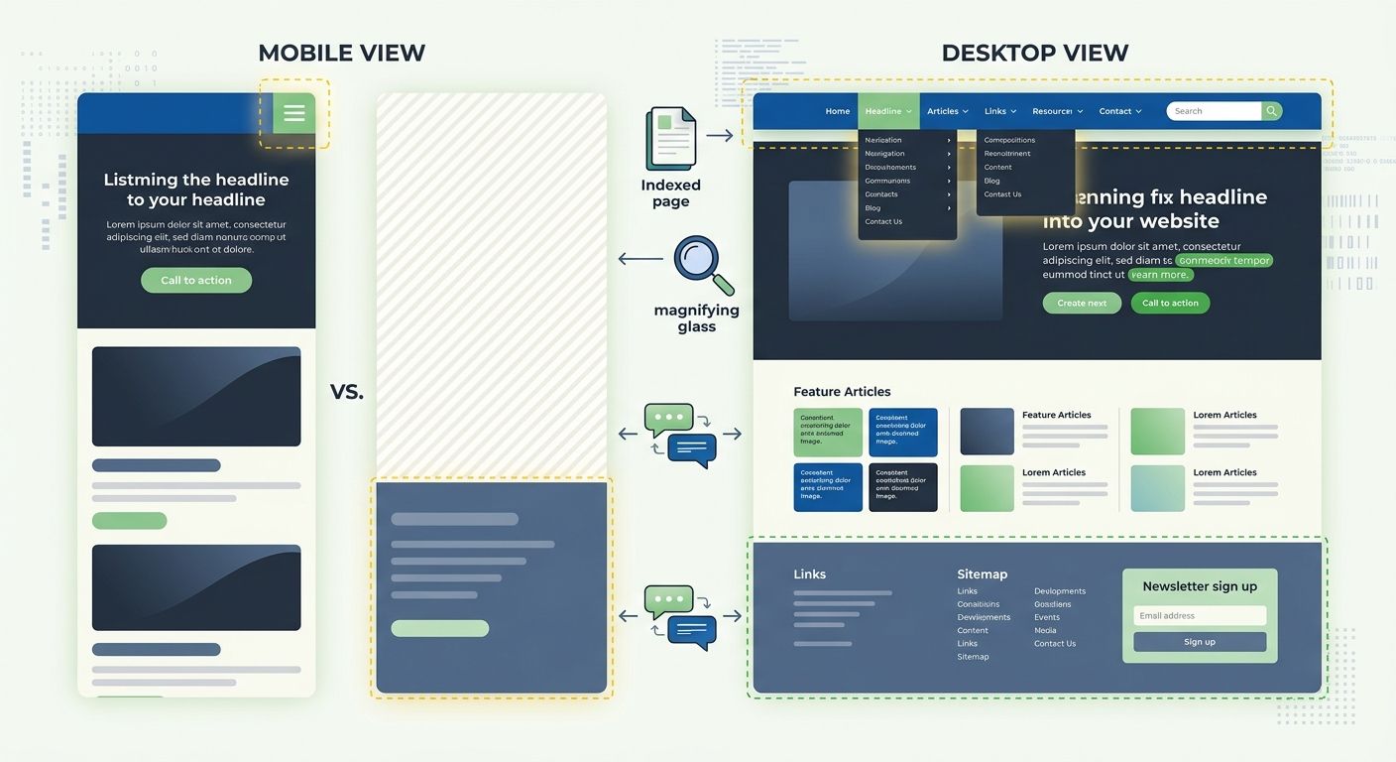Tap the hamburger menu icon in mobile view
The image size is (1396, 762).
[x=294, y=113]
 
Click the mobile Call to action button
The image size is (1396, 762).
[x=196, y=281]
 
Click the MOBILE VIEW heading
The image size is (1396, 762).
[x=341, y=54]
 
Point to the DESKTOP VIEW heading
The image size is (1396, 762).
[x=1034, y=54]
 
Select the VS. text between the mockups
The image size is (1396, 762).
[x=347, y=393]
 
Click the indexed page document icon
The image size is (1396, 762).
[x=671, y=139]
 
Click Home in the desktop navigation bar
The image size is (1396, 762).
[x=838, y=111]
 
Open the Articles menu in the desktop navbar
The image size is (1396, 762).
[x=948, y=111]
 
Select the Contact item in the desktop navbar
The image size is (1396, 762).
[x=1120, y=111]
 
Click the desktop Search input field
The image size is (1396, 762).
[x=1213, y=111]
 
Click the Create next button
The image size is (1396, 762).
[x=1082, y=304]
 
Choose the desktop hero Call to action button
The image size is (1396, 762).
[x=1170, y=304]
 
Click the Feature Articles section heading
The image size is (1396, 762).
[x=842, y=392]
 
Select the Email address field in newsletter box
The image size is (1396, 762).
[x=1200, y=616]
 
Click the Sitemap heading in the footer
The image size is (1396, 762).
[x=982, y=574]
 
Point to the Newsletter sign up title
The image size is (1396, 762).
[x=1200, y=586]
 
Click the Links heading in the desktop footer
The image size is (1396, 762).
[x=809, y=574]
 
